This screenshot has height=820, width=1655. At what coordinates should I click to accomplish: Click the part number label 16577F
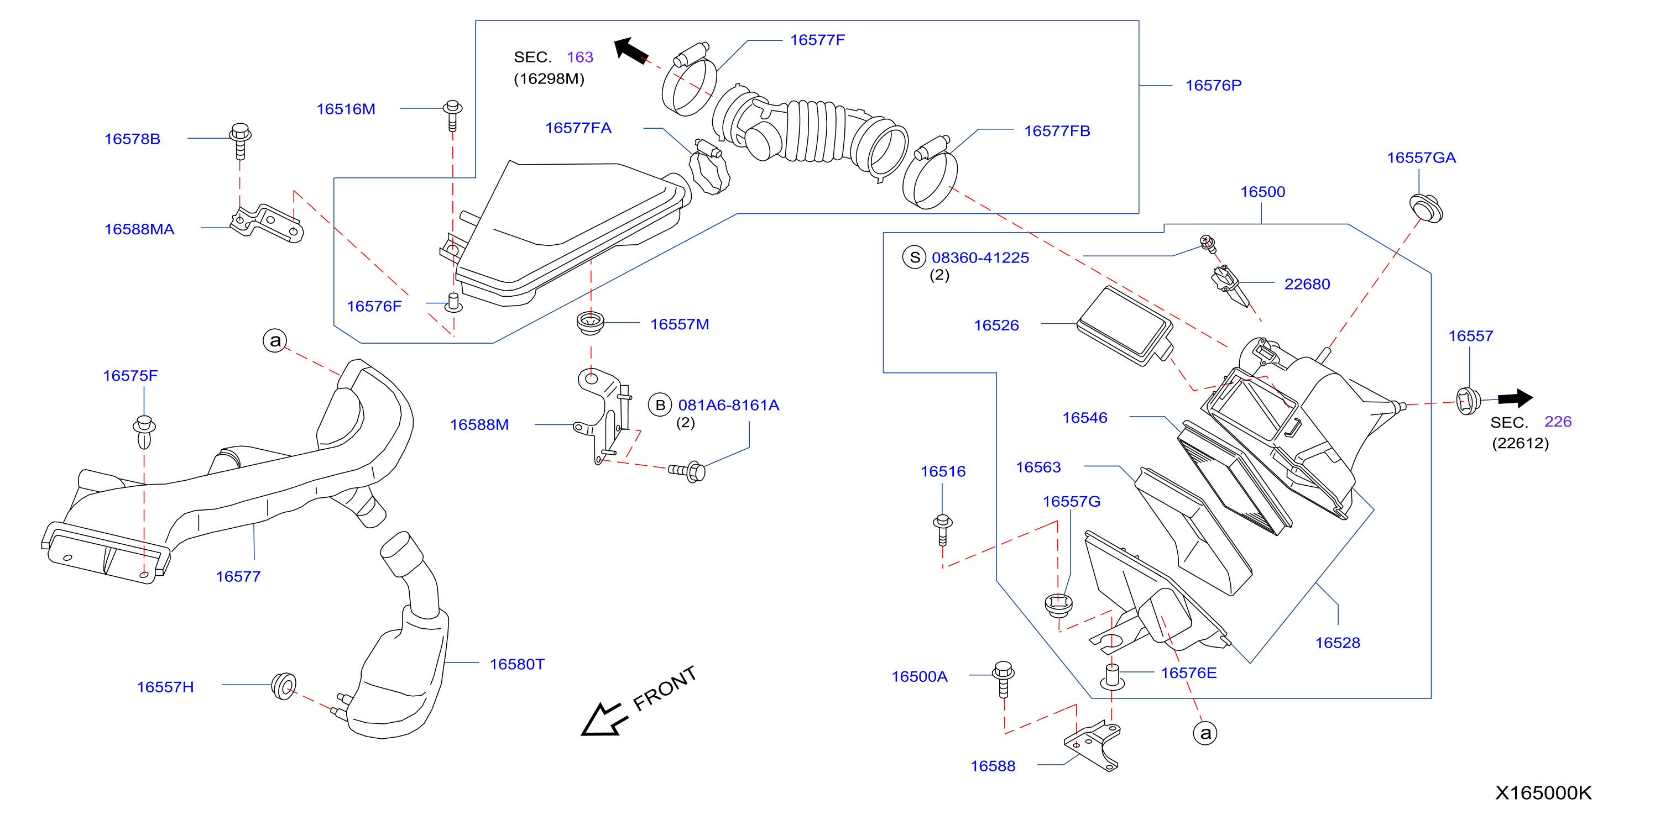(x=817, y=40)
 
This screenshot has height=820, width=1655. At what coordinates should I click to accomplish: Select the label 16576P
(x=1213, y=86)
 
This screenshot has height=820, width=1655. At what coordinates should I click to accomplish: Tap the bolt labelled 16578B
(x=241, y=140)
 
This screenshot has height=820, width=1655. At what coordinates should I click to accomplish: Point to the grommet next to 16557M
(x=591, y=322)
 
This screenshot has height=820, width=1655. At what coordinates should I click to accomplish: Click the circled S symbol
(x=914, y=257)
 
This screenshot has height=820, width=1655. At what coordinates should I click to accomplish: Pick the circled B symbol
(x=660, y=405)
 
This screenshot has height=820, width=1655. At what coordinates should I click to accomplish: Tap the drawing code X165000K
(x=1543, y=792)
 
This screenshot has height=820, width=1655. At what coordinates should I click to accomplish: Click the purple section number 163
(x=579, y=57)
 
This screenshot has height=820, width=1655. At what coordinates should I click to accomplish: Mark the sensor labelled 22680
(x=1230, y=285)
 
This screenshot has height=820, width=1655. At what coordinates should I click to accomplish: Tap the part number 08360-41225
(x=980, y=257)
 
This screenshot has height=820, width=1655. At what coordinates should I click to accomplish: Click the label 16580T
(x=516, y=664)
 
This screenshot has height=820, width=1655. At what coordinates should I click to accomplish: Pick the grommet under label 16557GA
(x=1426, y=209)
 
